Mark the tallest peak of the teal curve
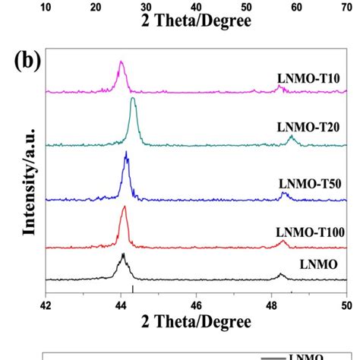tap(133, 99)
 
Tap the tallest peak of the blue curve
tap(126, 154)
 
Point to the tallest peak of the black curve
tap(122, 255)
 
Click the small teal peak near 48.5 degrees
tap(292, 137)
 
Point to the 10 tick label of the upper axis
tap(46, 7)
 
